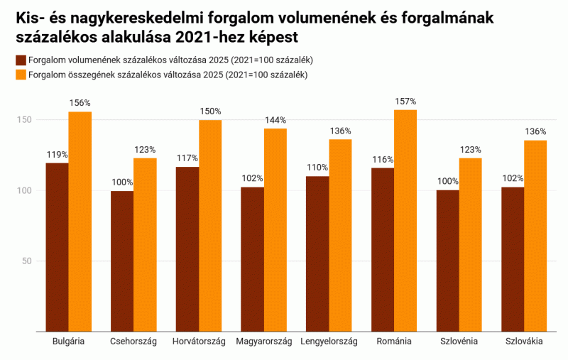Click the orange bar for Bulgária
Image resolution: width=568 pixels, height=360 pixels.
pos(80,221)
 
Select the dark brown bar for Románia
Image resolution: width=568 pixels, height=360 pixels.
pos(383,249)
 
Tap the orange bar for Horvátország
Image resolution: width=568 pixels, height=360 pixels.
pos(210,225)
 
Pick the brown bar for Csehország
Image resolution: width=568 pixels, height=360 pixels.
pos(122,261)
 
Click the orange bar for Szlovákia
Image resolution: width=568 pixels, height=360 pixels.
pos(535,235)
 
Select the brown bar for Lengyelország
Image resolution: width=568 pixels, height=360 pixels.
pos(317,253)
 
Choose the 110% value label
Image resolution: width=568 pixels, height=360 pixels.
pos(317,168)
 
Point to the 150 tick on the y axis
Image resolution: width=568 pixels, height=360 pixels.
pos(25,120)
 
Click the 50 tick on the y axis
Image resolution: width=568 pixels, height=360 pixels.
pos(27,261)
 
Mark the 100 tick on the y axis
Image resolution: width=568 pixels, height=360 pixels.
pos(25,191)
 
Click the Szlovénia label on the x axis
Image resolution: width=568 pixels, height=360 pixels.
pos(459,342)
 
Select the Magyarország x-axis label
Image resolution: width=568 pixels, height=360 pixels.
pos(264,342)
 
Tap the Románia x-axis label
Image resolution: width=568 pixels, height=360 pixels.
pos(394,342)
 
